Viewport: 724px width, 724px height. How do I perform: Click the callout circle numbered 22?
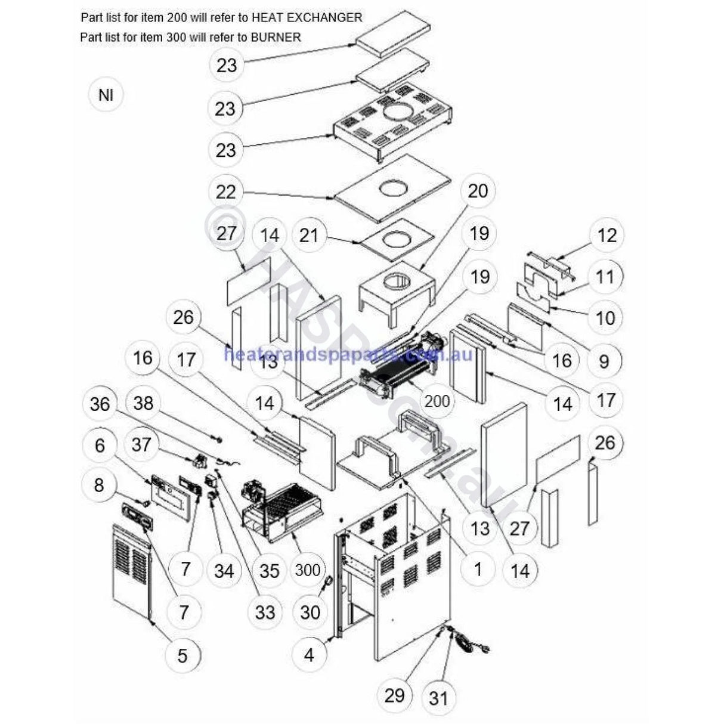click(226, 192)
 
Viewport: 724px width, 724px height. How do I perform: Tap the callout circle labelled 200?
click(437, 401)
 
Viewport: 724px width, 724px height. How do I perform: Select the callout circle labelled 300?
click(308, 570)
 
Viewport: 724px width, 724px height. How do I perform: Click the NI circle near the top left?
click(106, 95)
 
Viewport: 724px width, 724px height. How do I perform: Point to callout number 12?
click(607, 235)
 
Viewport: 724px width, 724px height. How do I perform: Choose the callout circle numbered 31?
click(438, 697)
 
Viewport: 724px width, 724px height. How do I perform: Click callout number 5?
click(182, 656)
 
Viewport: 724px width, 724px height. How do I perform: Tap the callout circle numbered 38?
click(143, 404)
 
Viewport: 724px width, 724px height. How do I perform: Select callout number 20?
click(478, 191)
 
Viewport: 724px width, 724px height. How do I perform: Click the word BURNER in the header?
click(276, 38)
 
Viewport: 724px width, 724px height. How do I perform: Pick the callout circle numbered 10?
click(605, 317)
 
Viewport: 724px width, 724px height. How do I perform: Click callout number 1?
click(478, 569)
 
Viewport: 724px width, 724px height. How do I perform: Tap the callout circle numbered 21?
click(309, 236)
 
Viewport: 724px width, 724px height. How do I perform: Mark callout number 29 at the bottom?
click(394, 695)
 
